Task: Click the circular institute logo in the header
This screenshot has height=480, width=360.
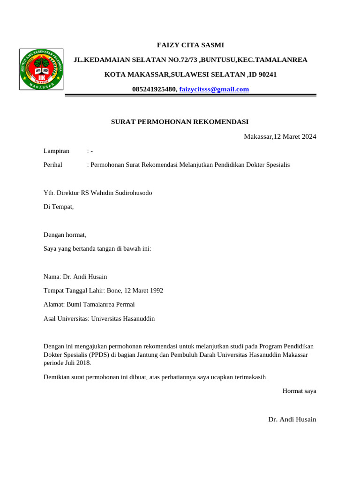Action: (41, 69)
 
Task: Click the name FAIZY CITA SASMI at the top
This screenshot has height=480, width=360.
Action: (190, 45)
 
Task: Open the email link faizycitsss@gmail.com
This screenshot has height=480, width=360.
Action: (214, 89)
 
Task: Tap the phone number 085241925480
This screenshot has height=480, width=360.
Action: (154, 89)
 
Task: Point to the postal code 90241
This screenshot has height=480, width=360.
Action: (268, 74)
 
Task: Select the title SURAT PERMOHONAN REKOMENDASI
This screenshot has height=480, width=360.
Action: (180, 121)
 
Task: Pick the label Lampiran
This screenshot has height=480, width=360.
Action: (56, 150)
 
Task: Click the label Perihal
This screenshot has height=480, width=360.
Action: (53, 165)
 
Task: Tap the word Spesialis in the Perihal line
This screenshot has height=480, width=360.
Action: (278, 165)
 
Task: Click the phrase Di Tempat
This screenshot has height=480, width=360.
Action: (59, 207)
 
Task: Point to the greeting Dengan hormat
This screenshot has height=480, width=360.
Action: (65, 235)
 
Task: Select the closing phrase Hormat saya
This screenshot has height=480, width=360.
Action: (299, 390)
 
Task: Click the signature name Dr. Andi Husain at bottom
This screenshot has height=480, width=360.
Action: (292, 419)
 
